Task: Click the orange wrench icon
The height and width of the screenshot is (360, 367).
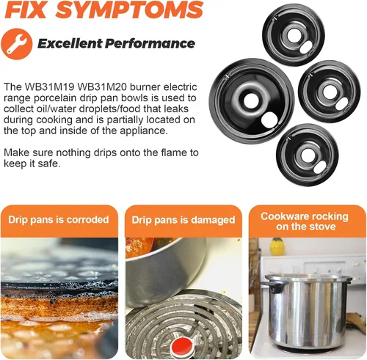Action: [x=17, y=44]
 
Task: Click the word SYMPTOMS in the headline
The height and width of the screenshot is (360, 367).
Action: [x=130, y=10]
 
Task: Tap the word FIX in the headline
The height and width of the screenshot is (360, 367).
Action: [x=26, y=10]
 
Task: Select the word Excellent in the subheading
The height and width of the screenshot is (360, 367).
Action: [x=70, y=43]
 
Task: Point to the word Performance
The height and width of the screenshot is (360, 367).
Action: [x=150, y=43]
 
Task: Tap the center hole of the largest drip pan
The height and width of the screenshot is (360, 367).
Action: [x=251, y=100]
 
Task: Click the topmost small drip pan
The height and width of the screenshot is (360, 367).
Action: [x=294, y=35]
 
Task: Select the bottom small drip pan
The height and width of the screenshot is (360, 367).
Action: [x=308, y=155]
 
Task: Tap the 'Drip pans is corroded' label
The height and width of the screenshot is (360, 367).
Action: [x=59, y=219]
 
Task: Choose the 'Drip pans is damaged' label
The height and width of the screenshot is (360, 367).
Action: [x=183, y=220]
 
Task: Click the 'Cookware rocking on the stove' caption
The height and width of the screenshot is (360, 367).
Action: [x=305, y=221]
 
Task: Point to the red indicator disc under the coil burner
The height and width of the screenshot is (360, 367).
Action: [x=183, y=346]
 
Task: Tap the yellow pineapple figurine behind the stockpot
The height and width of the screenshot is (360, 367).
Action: [x=277, y=246]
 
